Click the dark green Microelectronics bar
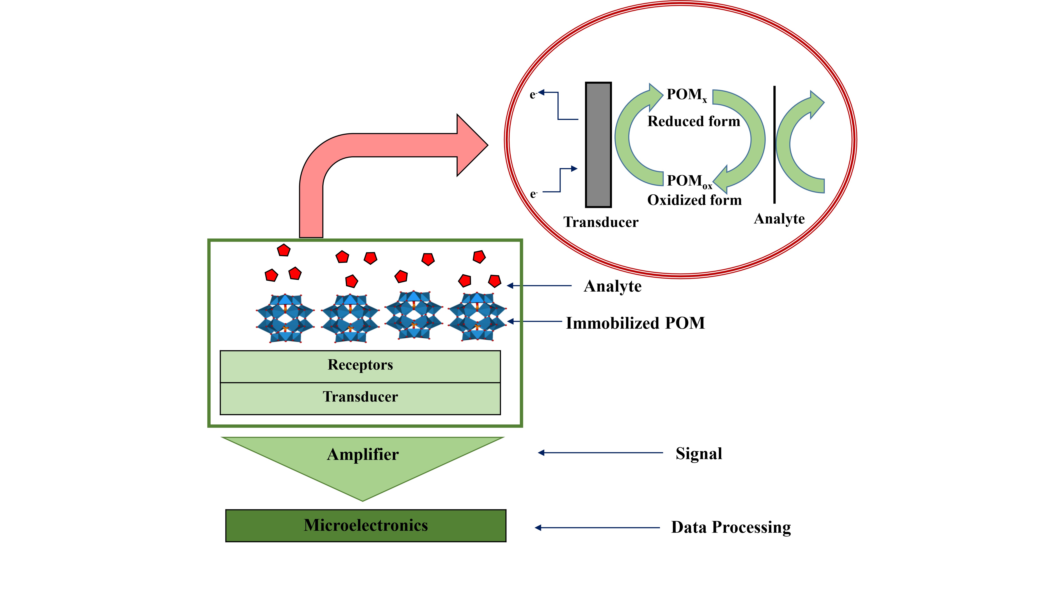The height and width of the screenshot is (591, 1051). pyautogui.click(x=366, y=526)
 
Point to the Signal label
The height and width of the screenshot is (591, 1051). pyautogui.click(x=698, y=454)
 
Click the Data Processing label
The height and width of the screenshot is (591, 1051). pyautogui.click(x=731, y=527)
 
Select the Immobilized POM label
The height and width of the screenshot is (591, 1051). pyautogui.click(x=635, y=323)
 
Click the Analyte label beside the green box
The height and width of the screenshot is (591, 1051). pyautogui.click(x=612, y=286)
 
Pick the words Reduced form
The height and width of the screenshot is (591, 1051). pyautogui.click(x=694, y=121)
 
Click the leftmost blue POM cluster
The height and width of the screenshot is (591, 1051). pyautogui.click(x=285, y=318)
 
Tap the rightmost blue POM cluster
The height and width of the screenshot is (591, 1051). pyautogui.click(x=477, y=317)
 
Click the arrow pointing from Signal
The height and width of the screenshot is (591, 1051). pyautogui.click(x=600, y=453)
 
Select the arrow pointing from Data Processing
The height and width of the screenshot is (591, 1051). pyautogui.click(x=597, y=528)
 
